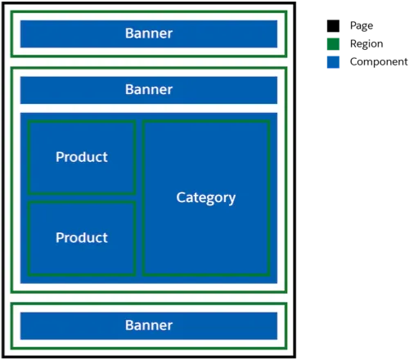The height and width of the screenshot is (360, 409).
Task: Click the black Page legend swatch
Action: point(333,26)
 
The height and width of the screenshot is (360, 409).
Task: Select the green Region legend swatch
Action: point(333,44)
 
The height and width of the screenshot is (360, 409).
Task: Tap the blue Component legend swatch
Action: point(333,62)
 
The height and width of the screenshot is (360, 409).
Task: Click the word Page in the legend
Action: point(362,26)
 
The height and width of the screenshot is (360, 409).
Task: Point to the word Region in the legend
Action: point(366,44)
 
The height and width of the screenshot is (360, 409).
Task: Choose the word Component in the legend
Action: point(379,62)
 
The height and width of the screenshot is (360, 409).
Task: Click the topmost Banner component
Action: point(149,34)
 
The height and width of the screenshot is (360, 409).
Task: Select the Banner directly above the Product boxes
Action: point(149,90)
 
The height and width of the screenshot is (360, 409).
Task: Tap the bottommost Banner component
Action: point(149,326)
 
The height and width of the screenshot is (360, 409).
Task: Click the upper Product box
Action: point(82,157)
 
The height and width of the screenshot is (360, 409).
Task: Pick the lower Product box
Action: point(82,238)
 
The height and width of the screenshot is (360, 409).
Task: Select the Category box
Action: point(206,198)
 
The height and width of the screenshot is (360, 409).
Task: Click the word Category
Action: point(206,198)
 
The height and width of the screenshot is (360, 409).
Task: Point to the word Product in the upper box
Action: point(82,157)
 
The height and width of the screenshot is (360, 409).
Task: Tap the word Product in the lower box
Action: point(82,238)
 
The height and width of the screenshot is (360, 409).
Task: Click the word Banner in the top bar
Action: point(149,34)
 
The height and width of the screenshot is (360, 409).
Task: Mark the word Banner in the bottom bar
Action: point(149,326)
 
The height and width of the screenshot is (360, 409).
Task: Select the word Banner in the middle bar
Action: point(149,90)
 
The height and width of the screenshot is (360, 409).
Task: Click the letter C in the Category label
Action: point(181,197)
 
